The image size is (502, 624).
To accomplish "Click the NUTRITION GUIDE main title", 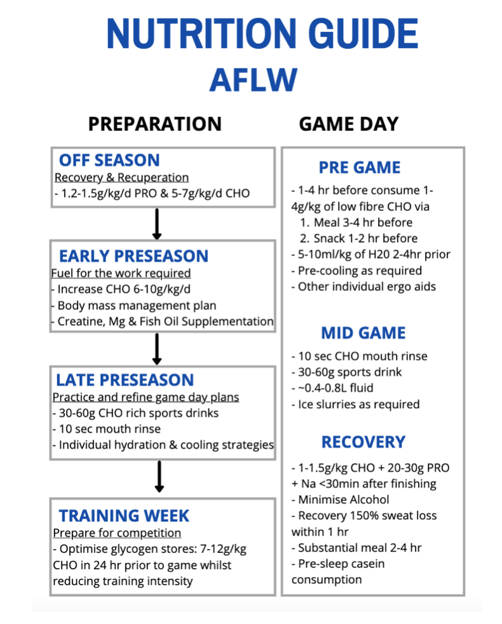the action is pyautogui.click(x=262, y=34).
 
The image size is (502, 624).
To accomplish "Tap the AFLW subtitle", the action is pyautogui.click(x=254, y=80).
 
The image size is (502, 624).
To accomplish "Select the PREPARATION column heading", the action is pyautogui.click(x=155, y=124).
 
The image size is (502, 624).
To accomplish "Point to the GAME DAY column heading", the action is pyautogui.click(x=349, y=124).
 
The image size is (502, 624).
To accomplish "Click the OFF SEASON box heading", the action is pyautogui.click(x=109, y=160).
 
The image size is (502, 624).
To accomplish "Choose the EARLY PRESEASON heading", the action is pyautogui.click(x=133, y=256).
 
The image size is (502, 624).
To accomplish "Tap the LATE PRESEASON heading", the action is pyautogui.click(x=125, y=380).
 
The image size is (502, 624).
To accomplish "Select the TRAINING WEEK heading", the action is pyautogui.click(x=124, y=516).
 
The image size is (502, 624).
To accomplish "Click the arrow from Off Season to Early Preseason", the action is pyautogui.click(x=157, y=224).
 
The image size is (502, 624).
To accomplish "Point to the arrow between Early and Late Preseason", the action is pyautogui.click(x=157, y=349).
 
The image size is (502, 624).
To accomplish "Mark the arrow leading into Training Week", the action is pyautogui.click(x=159, y=477).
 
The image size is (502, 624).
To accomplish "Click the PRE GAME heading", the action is pyautogui.click(x=360, y=168).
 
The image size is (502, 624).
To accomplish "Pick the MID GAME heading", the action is pyautogui.click(x=363, y=333).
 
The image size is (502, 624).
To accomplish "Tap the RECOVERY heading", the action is pyautogui.click(x=363, y=442).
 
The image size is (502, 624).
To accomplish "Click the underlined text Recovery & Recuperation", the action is pyautogui.click(x=121, y=177).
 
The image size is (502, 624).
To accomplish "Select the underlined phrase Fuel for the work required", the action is pyautogui.click(x=121, y=273).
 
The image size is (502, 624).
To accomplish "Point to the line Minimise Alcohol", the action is pyautogui.click(x=341, y=499).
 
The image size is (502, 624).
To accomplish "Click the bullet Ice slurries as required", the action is pyautogui.click(x=355, y=404).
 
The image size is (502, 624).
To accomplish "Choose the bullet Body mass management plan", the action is pyautogui.click(x=133, y=306).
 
